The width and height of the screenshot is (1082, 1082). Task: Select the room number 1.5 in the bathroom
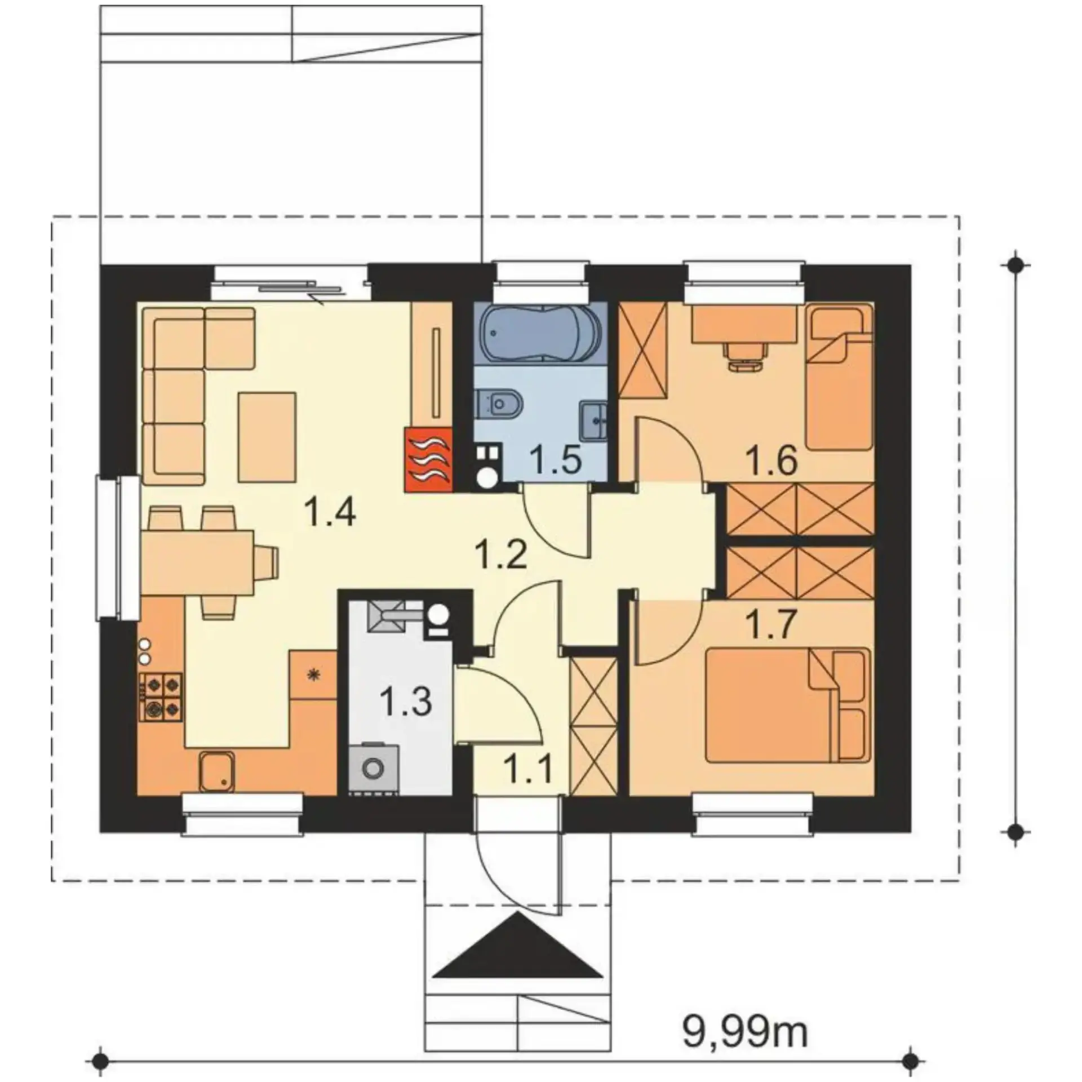pos(557,461)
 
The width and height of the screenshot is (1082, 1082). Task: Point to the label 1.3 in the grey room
pos(406,702)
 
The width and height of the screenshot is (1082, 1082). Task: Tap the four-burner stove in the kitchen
pos(161,698)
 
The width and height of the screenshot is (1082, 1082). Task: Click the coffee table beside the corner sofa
pos(267,437)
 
